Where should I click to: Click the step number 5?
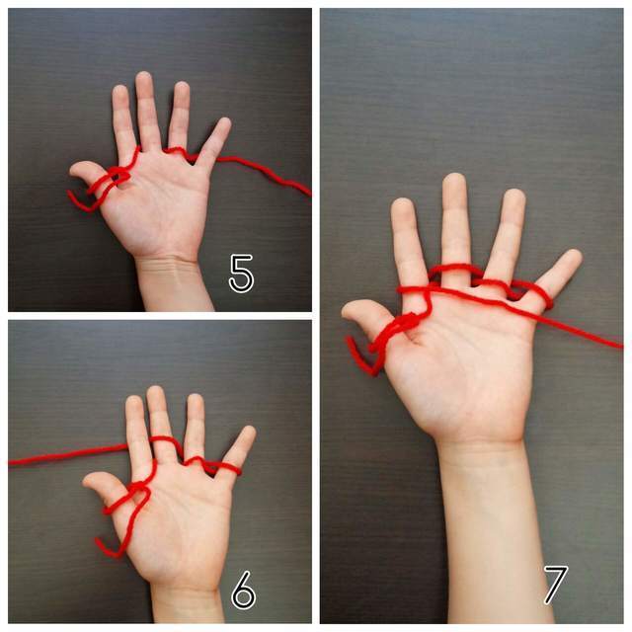(241, 273)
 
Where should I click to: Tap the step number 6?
(244, 590)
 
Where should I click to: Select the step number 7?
(555, 585)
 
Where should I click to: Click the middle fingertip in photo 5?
(143, 77)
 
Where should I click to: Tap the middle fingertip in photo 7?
(454, 181)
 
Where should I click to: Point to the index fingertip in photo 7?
(402, 205)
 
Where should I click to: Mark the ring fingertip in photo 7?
(514, 196)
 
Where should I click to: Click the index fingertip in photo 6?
(134, 401)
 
